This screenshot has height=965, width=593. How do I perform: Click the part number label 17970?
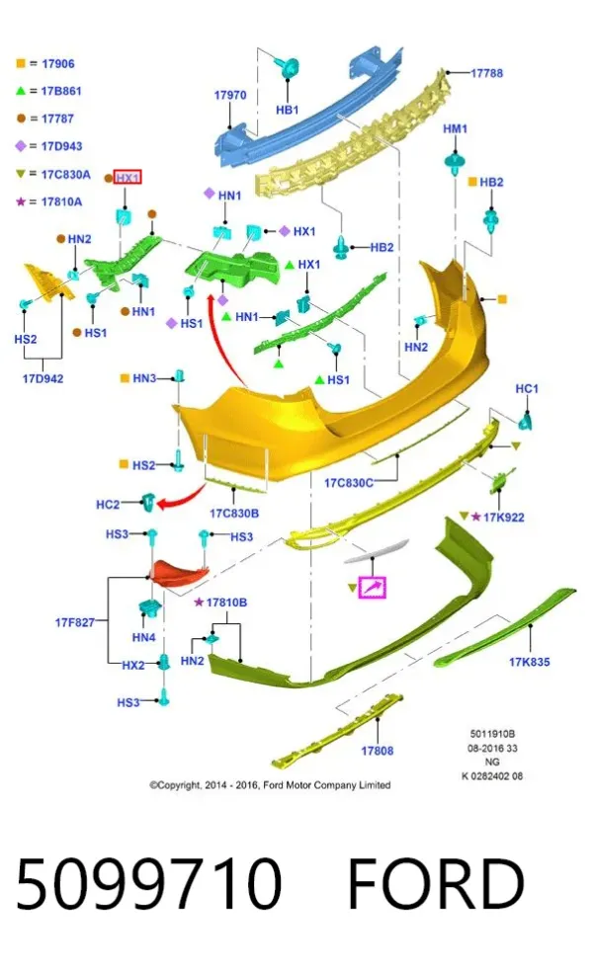coord(229,96)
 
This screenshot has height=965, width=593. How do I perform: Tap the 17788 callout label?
coord(486,73)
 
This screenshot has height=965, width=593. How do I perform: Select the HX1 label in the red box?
coord(127,178)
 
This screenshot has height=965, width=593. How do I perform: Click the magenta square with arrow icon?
coord(372,587)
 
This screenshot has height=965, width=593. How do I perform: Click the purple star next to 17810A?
coord(21,201)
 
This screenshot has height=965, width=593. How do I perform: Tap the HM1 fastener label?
coord(455,128)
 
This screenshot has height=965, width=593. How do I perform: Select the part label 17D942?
coord(43,378)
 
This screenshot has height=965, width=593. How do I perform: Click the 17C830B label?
coord(234,514)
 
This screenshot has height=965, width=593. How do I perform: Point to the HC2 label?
coord(108,505)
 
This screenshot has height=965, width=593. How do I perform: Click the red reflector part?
coord(180,572)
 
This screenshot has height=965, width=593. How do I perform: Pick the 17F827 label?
coord(74,622)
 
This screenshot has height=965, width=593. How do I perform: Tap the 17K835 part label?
coord(529,662)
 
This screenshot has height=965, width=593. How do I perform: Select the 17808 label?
coord(377,751)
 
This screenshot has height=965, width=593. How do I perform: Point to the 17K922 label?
coord(504,518)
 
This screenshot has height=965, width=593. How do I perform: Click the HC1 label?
coord(527,389)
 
